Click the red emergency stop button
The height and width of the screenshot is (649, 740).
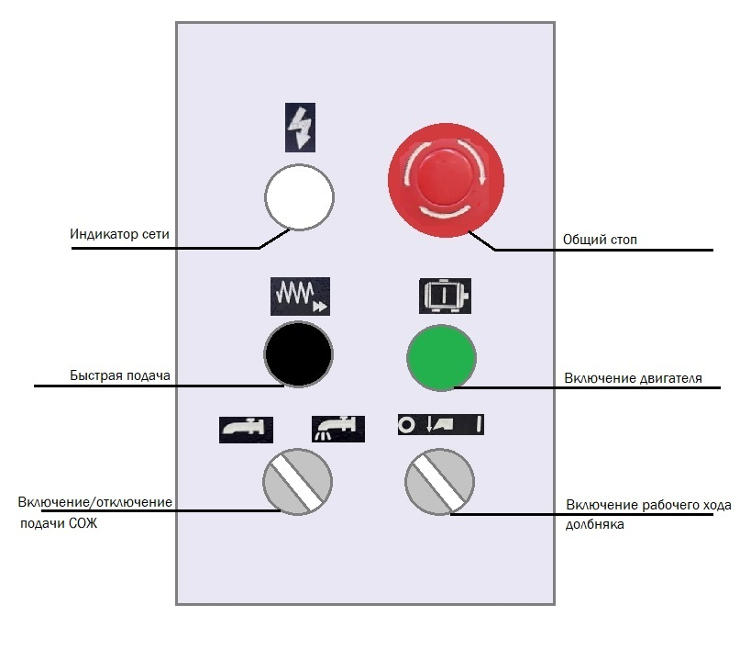click(446, 178)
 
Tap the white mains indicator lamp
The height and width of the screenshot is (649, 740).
click(299, 197)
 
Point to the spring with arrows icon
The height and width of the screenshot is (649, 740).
click(299, 294)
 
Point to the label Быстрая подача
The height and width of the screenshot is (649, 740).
click(120, 376)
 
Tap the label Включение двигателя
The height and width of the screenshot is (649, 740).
click(634, 378)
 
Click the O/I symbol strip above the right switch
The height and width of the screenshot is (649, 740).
click(440, 425)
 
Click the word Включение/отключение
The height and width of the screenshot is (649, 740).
click(95, 503)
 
